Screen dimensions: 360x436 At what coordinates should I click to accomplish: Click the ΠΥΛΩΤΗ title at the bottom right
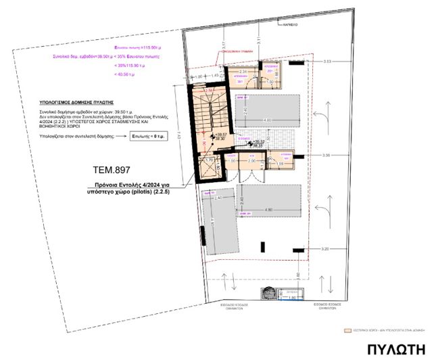(397, 349)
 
